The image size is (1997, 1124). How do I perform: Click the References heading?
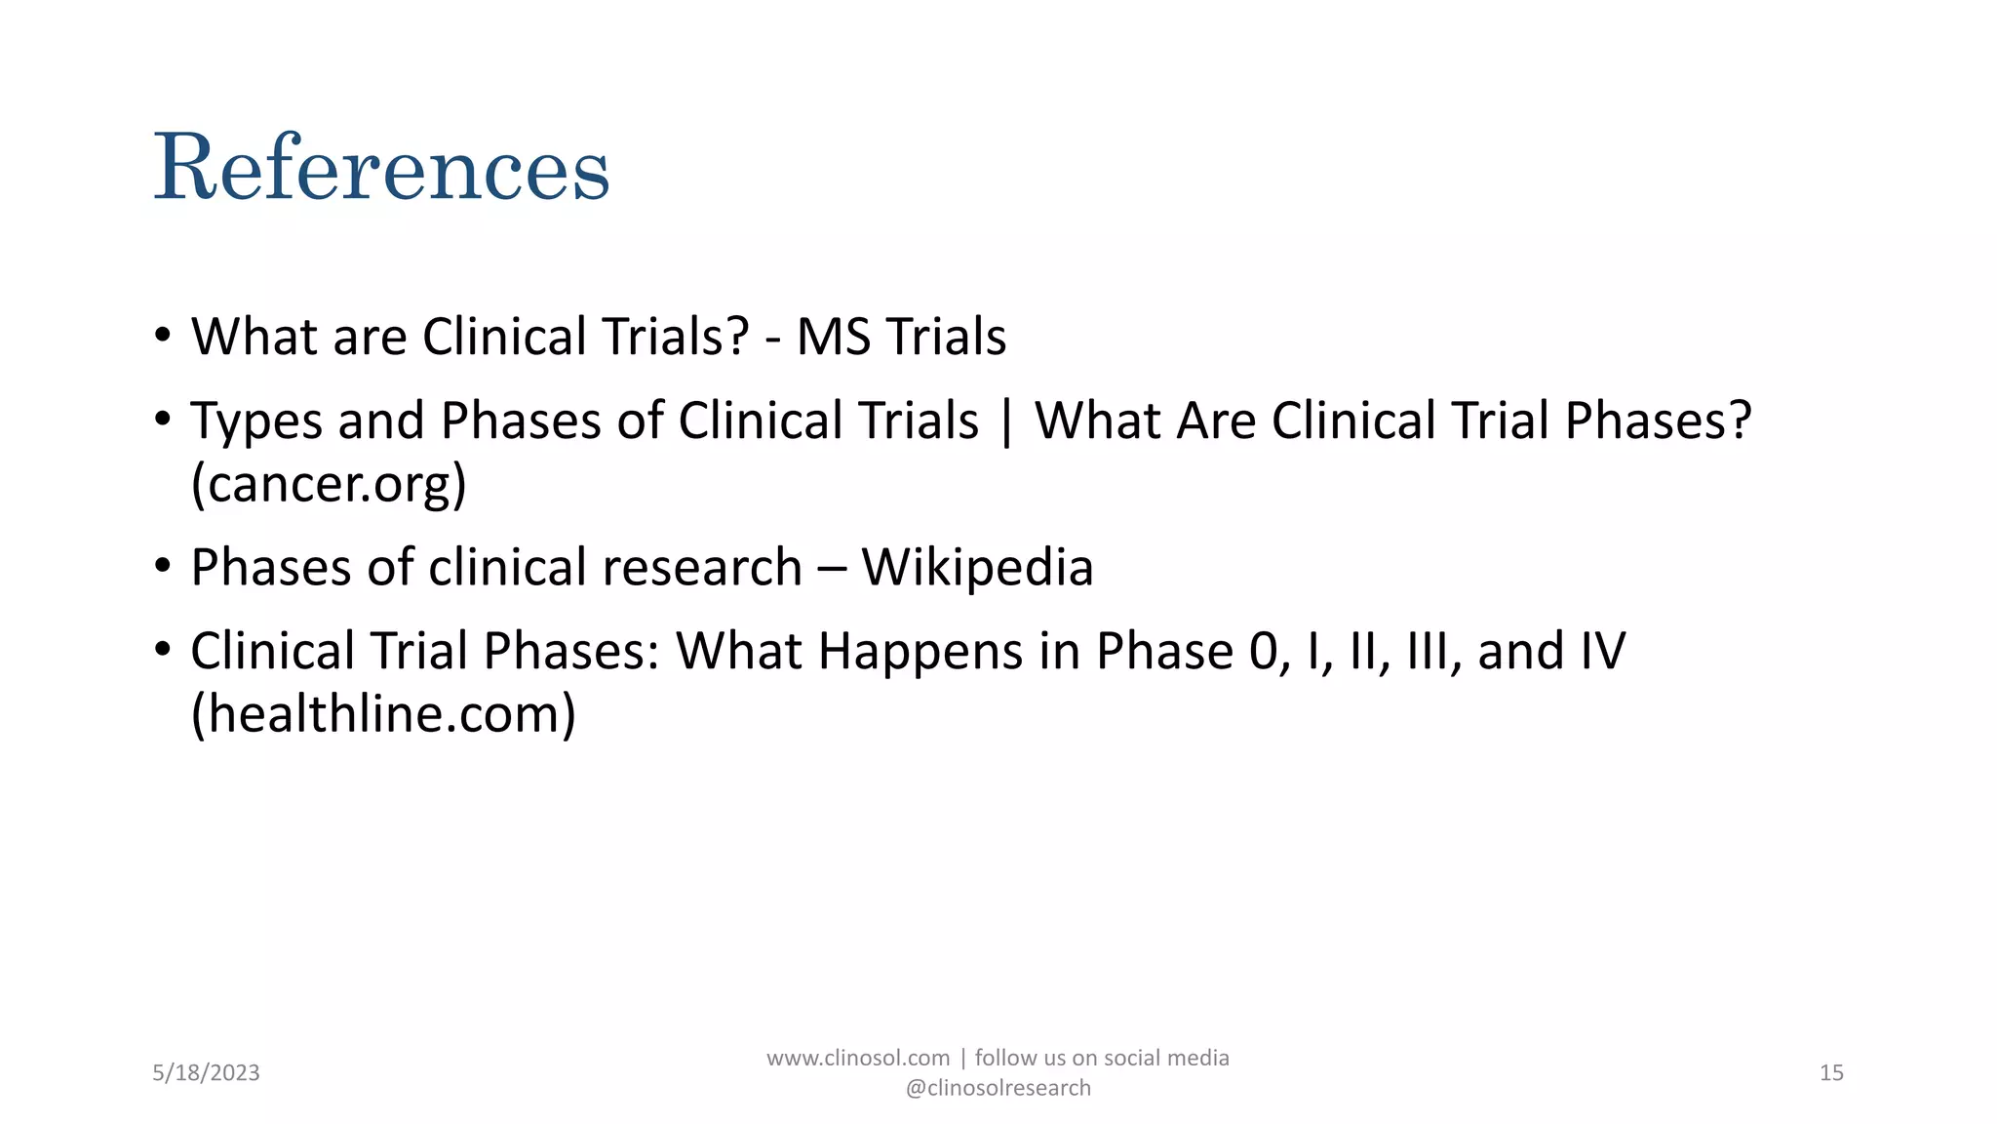(381, 168)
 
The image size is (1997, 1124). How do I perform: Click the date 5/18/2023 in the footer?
(206, 1073)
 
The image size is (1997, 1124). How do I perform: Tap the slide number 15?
(1831, 1073)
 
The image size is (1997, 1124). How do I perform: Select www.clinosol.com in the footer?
(858, 1059)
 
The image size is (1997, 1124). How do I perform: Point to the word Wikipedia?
(977, 568)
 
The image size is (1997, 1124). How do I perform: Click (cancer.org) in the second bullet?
(329, 484)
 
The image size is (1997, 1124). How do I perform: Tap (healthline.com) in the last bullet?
(383, 714)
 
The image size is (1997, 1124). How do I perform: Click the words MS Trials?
(901, 338)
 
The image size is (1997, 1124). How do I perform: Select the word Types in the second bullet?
(256, 422)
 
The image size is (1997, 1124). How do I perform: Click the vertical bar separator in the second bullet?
(1006, 422)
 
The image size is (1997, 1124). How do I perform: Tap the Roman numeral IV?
(1602, 652)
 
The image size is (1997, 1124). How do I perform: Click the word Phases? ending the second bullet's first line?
(1658, 422)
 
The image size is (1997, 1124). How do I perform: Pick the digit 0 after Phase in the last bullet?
(1263, 652)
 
